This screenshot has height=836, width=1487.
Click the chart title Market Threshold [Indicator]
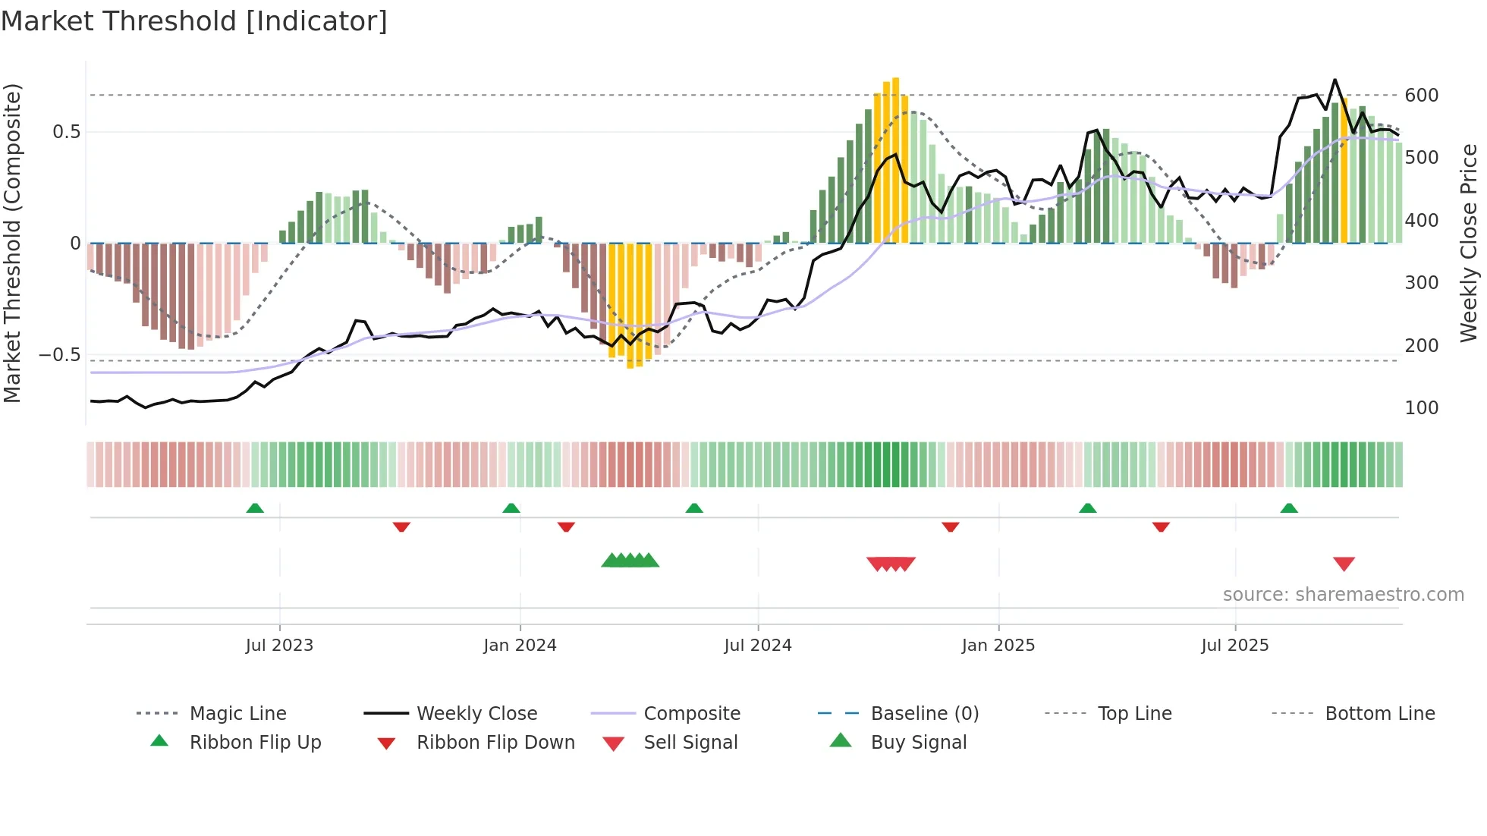coord(194,21)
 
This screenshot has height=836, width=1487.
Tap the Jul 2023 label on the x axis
coord(279,646)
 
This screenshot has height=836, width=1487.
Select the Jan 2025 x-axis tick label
coord(998,646)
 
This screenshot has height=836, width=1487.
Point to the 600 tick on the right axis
coord(1421,96)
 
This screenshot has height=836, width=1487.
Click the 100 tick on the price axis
coord(1421,408)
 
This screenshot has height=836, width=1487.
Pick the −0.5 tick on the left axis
coord(59,355)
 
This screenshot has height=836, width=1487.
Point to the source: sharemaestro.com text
coord(1343,595)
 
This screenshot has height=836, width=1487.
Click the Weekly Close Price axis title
coord(1470,243)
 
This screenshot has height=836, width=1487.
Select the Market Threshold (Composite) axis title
coord(12,243)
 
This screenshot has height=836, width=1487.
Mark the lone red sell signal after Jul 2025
coord(1344,564)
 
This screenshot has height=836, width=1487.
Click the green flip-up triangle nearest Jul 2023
coord(255,508)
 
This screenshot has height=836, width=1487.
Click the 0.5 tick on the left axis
coord(66,132)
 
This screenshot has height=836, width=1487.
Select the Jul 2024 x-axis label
coord(757,646)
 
